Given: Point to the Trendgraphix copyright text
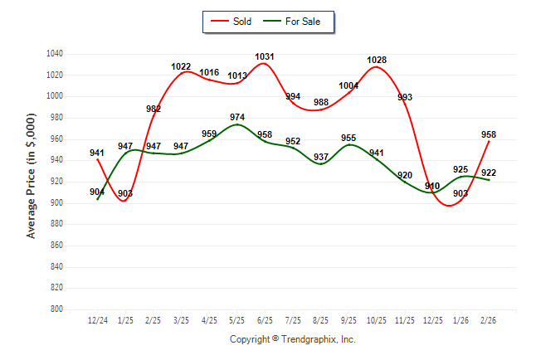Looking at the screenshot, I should (x=292, y=340).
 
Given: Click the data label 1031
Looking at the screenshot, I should (x=265, y=57).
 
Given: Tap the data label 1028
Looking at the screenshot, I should (x=377, y=60).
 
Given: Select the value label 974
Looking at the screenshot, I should (x=237, y=117).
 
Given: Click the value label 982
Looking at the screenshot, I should (x=153, y=109).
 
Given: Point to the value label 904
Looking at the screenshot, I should (x=98, y=191).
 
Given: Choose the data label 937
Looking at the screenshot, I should (x=321, y=157).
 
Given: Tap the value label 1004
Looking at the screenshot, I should (x=348, y=85).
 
